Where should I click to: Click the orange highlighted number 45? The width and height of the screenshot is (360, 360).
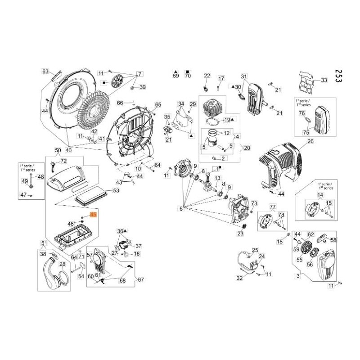(93, 216)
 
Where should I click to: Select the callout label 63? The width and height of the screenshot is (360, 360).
(45, 72)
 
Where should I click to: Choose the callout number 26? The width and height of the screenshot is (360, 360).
(310, 141)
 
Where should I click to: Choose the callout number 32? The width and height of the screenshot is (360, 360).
(239, 278)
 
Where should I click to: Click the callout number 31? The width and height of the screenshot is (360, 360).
(244, 76)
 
